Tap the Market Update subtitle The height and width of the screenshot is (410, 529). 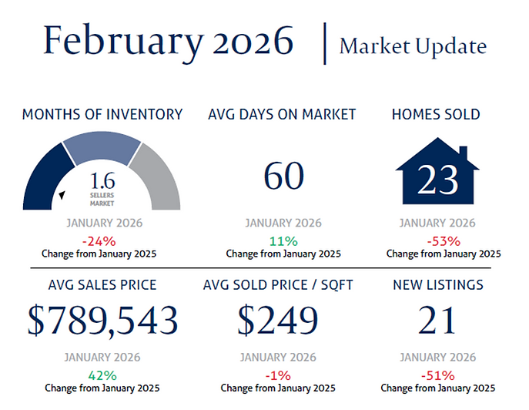tap(413, 46)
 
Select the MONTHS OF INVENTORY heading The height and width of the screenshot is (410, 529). tap(102, 115)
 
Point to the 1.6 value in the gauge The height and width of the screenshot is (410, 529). tap(102, 182)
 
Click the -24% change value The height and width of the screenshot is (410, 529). tap(102, 240)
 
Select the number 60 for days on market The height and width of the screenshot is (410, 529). tap(284, 176)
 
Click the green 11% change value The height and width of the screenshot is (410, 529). tap(283, 240)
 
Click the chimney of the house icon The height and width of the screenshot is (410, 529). tap(463, 152)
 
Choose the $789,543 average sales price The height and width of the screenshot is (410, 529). tap(102, 320)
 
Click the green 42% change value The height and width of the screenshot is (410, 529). tap(102, 375)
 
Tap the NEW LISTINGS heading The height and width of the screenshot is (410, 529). tap(437, 285)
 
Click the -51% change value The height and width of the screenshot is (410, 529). tap(437, 375)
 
